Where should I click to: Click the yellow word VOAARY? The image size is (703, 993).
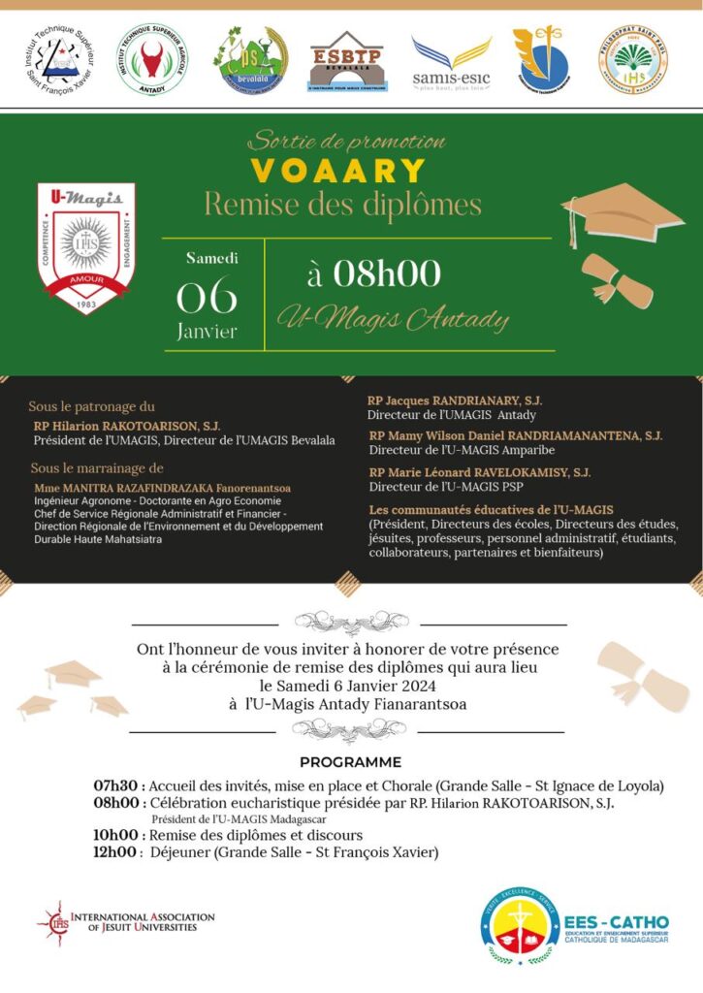click(338, 172)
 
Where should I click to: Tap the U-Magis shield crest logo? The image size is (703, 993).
click(86, 247)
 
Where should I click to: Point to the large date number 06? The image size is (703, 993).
click(207, 296)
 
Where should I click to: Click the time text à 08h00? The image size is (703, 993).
click(373, 274)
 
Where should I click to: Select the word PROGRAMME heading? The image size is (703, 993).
click(350, 762)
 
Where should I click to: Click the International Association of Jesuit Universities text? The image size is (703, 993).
click(143, 921)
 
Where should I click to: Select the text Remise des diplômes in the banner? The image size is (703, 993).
click(342, 205)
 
